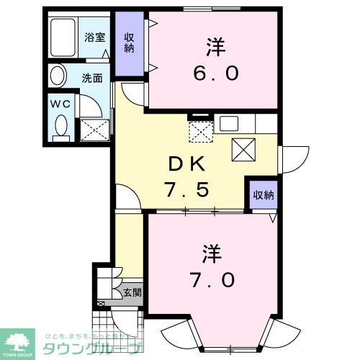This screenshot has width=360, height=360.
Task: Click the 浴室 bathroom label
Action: coord(94,37)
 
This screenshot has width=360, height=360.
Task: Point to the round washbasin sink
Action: coord(58,76)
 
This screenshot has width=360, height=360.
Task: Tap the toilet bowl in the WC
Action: coord(60,127)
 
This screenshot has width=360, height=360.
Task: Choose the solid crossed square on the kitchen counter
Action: coord(242,149)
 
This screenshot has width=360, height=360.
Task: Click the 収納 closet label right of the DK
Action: coord(263,194)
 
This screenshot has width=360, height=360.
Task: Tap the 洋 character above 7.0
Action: coord(210,253)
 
